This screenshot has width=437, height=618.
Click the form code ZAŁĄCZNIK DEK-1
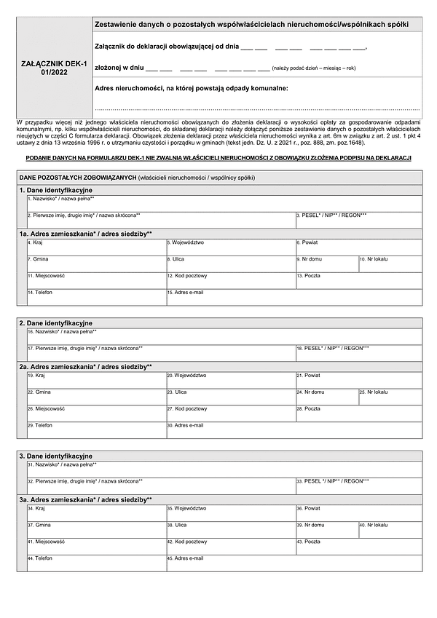[55, 64]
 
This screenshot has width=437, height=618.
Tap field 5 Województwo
[230, 247]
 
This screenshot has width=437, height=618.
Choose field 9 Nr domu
[326, 264]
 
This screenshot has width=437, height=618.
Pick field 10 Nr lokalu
[390, 264]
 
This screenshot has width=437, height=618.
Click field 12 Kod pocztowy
[230, 281]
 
